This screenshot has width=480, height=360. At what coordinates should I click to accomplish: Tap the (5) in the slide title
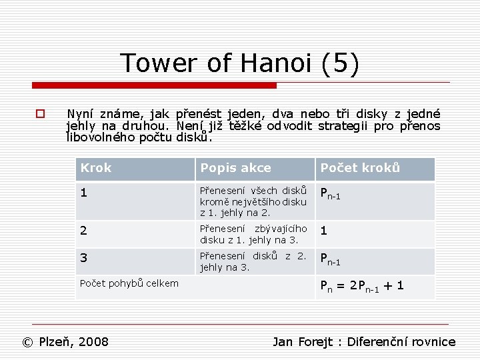[x=340, y=63]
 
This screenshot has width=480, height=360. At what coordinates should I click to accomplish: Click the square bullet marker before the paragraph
[x=41, y=114]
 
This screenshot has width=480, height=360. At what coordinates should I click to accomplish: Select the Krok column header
[x=96, y=168]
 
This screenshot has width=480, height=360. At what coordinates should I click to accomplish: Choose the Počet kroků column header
[x=360, y=168]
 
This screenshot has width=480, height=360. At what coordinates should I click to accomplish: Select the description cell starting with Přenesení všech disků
[x=253, y=201]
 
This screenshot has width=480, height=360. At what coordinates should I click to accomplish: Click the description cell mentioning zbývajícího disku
[x=253, y=234]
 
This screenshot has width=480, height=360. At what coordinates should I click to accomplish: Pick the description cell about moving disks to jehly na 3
[x=253, y=261]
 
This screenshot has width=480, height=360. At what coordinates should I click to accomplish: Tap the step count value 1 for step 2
[x=324, y=231]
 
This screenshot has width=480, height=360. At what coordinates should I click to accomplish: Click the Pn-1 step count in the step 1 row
[x=331, y=194]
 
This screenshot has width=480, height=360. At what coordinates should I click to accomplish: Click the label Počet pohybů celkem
[x=129, y=283]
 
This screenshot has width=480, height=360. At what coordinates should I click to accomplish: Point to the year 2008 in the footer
[x=93, y=342]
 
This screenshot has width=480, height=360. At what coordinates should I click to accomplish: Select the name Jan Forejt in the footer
[x=303, y=342]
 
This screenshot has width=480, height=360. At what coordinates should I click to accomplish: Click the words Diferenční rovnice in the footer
[x=401, y=342]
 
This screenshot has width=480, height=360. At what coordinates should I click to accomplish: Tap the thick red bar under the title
[x=154, y=85]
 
